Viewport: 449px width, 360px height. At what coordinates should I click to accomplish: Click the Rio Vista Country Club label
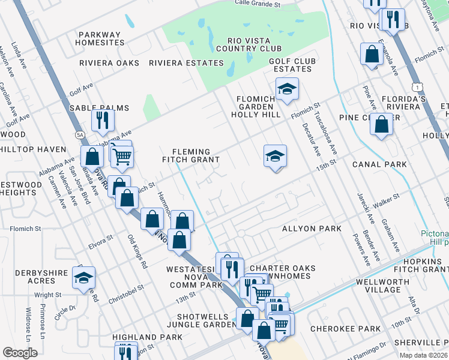pyautogui.click(x=246, y=44)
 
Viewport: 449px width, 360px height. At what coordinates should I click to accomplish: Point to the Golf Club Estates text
pyautogui.click(x=291, y=65)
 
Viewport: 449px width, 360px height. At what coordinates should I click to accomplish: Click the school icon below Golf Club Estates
pyautogui.click(x=288, y=89)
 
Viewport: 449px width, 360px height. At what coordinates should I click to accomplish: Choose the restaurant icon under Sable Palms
pyautogui.click(x=103, y=120)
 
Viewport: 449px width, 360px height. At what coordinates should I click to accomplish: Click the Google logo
pyautogui.click(x=20, y=353)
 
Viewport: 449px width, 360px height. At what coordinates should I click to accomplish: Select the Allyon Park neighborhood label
pyautogui.click(x=312, y=229)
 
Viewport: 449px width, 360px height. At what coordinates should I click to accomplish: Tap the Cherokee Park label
pyautogui.click(x=345, y=329)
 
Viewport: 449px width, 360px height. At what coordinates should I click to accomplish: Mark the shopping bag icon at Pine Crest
pyautogui.click(x=382, y=125)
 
